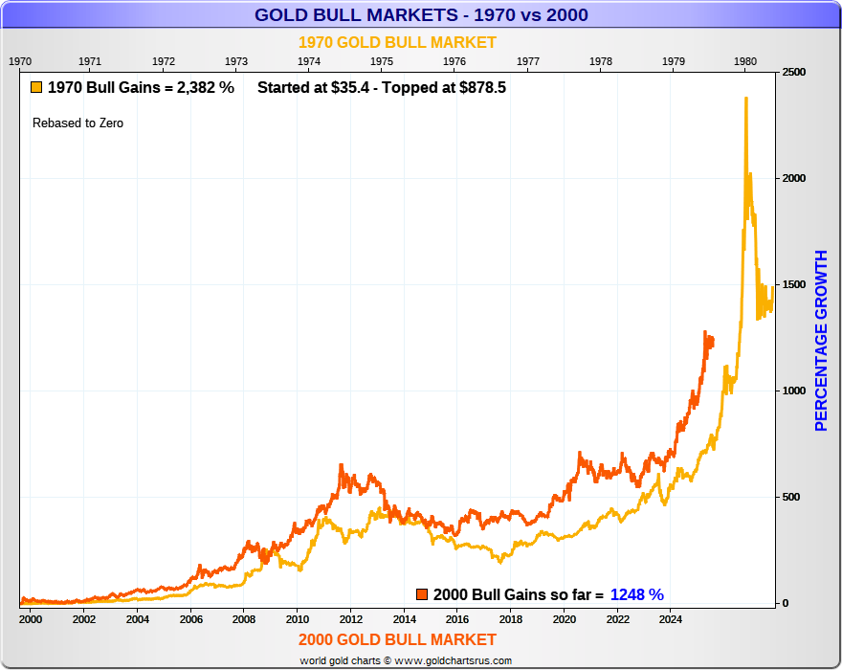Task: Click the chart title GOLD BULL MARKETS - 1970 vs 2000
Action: [x=421, y=14]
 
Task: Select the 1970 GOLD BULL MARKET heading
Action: [x=397, y=42]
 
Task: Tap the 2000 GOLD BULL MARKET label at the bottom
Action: [x=397, y=639]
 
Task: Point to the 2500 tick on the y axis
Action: [x=793, y=73]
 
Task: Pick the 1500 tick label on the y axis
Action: [x=793, y=285]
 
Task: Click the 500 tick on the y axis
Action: [x=790, y=497]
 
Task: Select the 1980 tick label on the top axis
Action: [x=746, y=60]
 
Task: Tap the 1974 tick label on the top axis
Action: [x=309, y=60]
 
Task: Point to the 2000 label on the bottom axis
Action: [x=30, y=618]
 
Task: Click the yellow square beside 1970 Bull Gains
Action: [x=36, y=87]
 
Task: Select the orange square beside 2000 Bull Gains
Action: [x=422, y=594]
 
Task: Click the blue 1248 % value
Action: [x=636, y=594]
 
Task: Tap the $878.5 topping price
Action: [x=482, y=87]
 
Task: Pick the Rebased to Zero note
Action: [x=78, y=123]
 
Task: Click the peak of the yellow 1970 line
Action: [x=745, y=98]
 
